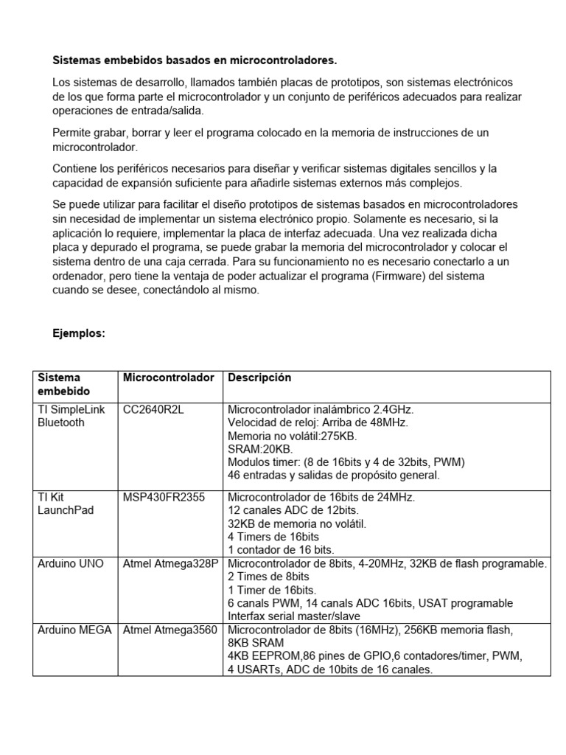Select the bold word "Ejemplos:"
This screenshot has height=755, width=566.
pyautogui.click(x=79, y=333)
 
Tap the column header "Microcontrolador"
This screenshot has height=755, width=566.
pyautogui.click(x=168, y=377)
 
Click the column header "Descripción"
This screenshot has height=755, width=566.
pyautogui.click(x=259, y=377)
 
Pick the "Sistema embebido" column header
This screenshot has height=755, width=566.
pyautogui.click(x=59, y=384)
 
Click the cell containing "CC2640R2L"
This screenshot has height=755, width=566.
pyautogui.click(x=153, y=409)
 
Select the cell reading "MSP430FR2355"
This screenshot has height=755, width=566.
pyautogui.click(x=164, y=498)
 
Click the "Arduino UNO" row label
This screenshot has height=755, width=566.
pyautogui.click(x=71, y=564)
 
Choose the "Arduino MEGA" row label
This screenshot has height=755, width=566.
pyautogui.click(x=75, y=630)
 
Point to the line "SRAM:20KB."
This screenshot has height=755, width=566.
pyautogui.click(x=260, y=449)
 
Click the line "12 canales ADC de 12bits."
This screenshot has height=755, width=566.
pyautogui.click(x=293, y=511)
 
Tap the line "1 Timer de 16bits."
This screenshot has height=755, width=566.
pyautogui.click(x=273, y=590)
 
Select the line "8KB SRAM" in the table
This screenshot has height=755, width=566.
pyautogui.click(x=254, y=643)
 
